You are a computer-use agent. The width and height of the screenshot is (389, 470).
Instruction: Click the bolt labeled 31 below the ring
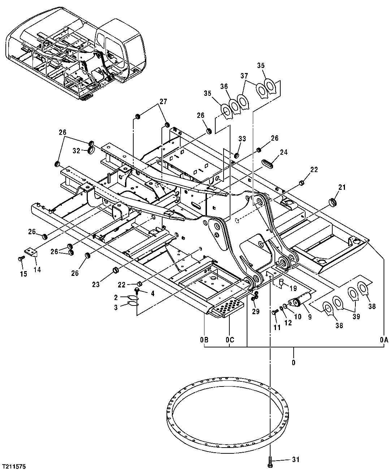point(270,460)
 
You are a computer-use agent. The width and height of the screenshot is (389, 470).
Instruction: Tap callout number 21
point(342,187)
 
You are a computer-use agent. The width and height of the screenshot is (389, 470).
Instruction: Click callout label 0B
point(204,340)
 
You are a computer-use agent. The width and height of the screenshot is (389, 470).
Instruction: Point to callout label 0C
point(230,340)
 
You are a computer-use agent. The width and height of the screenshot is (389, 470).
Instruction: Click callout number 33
point(242,138)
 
